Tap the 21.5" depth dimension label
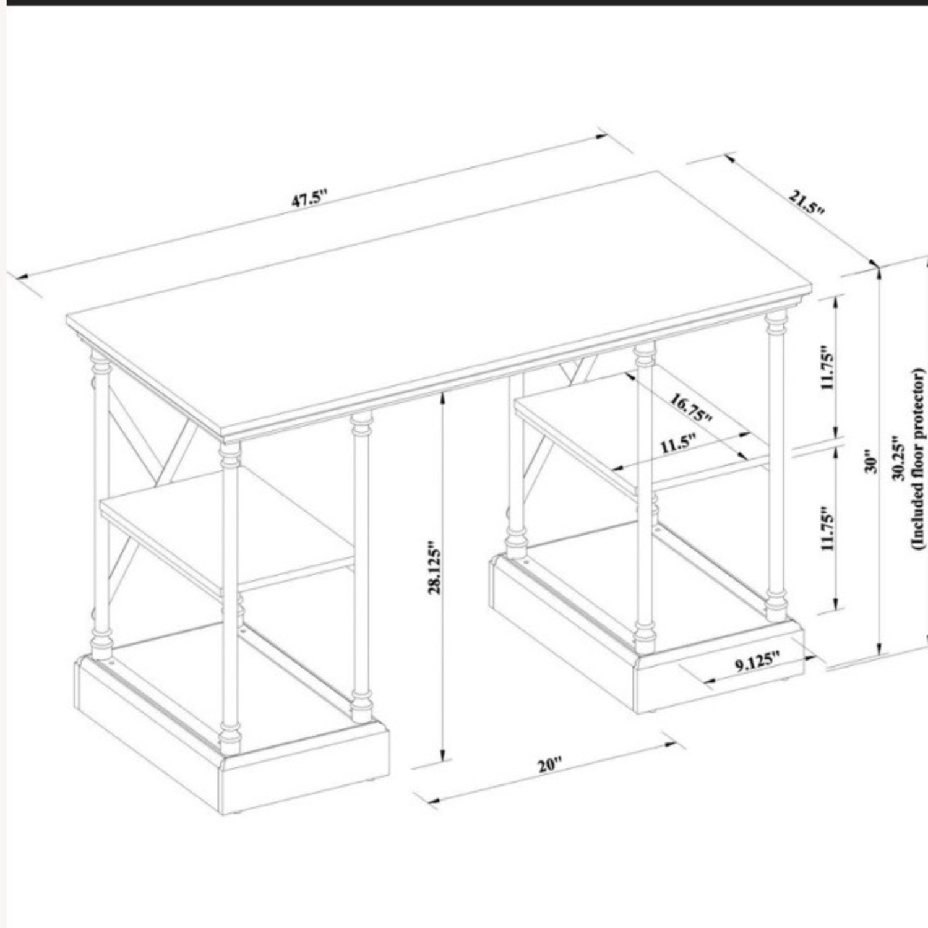[806, 202]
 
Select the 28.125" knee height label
[436, 569]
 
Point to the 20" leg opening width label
[549, 765]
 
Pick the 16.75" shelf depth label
[692, 408]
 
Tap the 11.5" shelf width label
[677, 444]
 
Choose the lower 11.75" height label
[828, 528]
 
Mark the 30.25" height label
[899, 458]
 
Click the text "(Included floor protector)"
[917, 458]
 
